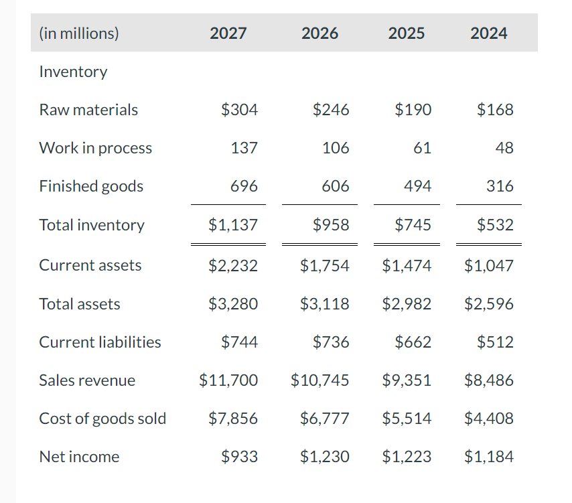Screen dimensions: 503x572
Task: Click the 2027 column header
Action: tap(228, 33)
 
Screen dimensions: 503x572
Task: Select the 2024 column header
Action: tap(488, 33)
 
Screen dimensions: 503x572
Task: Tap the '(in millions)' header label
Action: tap(79, 33)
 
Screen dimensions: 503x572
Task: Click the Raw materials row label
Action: tap(88, 110)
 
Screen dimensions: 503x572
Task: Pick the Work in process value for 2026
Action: tap(335, 148)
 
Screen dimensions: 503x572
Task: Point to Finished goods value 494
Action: tap(417, 186)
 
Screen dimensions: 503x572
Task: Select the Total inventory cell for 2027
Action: tap(232, 225)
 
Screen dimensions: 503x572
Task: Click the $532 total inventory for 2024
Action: tap(495, 225)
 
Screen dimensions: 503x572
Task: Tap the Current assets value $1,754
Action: tap(325, 265)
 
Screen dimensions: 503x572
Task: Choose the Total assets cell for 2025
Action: tap(407, 304)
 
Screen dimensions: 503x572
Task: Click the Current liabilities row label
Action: tap(100, 342)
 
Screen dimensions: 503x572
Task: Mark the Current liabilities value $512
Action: tap(495, 342)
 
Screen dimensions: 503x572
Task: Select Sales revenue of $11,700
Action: tap(228, 380)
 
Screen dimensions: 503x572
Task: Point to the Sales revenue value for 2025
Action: tap(407, 380)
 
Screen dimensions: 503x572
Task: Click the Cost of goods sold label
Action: tap(102, 419)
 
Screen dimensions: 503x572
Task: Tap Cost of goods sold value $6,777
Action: tap(325, 419)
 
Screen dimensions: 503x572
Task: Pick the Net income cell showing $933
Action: tap(239, 457)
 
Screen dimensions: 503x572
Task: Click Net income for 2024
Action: tap(489, 457)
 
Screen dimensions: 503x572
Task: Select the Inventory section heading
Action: tap(73, 72)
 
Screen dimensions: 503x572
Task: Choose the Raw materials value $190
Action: tap(413, 110)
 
